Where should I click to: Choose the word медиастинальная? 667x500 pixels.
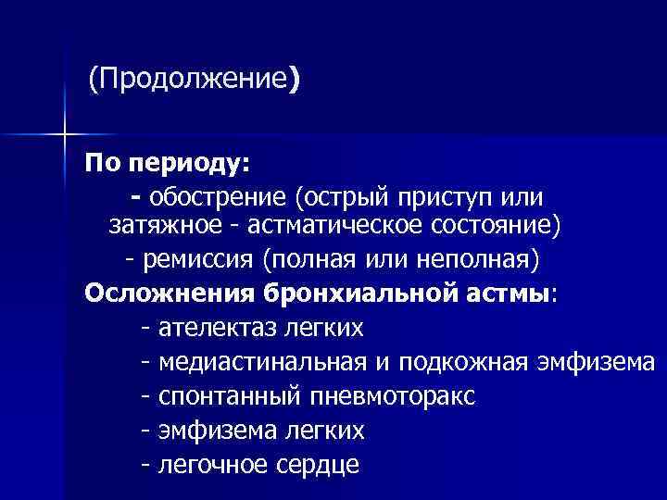pyautogui.click(x=259, y=362)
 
